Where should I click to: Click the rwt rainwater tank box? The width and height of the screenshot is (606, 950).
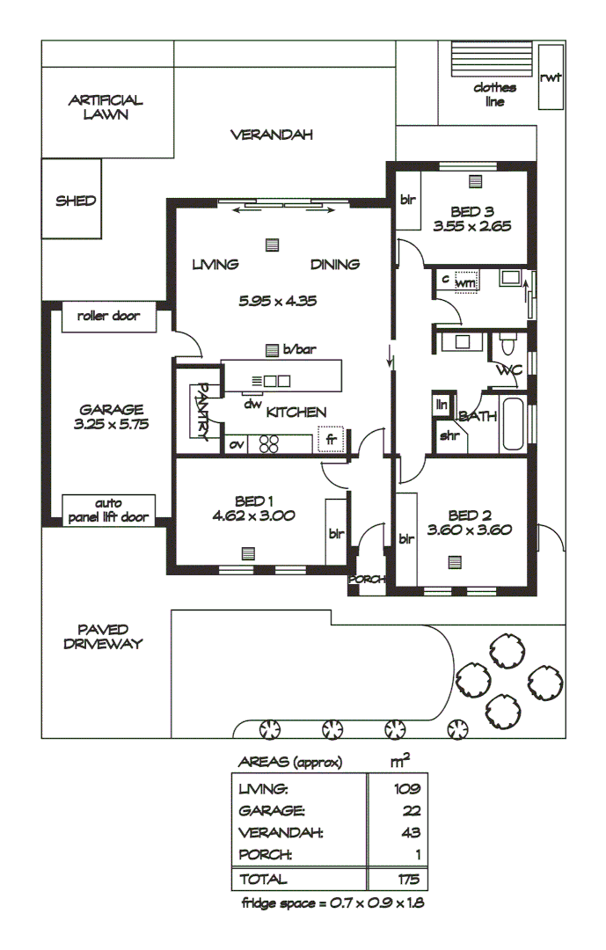551,77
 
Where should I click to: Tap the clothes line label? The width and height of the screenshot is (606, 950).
494,94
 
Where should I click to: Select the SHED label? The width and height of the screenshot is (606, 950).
76,201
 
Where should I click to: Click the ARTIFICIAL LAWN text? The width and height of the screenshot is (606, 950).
106,107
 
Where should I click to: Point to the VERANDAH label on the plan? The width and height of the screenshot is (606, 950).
272,135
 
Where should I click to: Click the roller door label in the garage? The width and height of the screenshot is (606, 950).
108,316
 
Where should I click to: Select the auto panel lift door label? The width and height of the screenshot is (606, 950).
108,510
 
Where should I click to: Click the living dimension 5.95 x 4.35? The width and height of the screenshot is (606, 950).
277,300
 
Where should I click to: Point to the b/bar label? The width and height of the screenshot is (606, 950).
299,349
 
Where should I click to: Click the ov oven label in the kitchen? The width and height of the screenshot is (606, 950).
236,445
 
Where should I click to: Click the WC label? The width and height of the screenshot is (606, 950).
509,370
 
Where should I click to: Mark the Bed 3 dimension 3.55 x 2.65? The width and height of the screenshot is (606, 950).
472,226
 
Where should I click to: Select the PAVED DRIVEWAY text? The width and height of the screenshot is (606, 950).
103,636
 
